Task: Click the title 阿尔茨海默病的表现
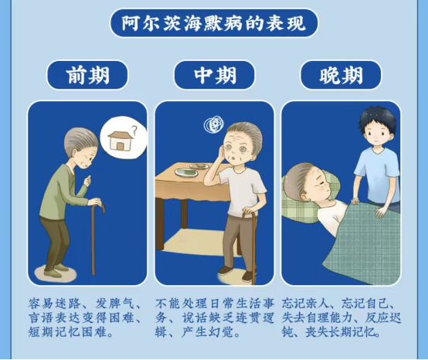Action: (x=214, y=23)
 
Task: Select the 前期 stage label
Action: (x=87, y=75)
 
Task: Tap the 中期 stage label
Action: (x=215, y=75)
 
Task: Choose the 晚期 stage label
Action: (x=341, y=75)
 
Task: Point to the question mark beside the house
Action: (x=134, y=130)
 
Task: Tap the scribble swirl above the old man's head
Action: (x=214, y=124)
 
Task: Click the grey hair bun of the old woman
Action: (x=81, y=141)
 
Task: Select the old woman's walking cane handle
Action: (x=99, y=206)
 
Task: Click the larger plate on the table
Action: (x=186, y=172)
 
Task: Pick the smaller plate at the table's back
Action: (x=199, y=165)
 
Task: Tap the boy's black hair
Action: (x=378, y=119)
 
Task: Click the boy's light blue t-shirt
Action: (x=378, y=178)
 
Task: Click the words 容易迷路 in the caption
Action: (x=54, y=304)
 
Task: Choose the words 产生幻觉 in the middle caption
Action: (x=207, y=332)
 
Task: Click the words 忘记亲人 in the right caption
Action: (x=307, y=304)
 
